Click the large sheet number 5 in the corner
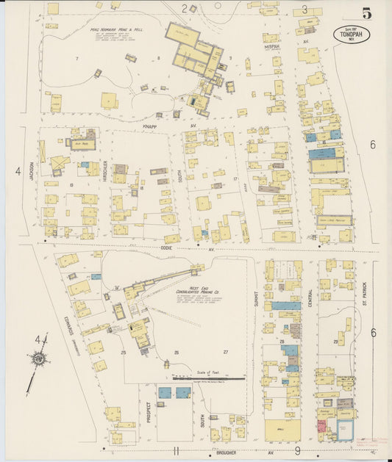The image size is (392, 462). pyautogui.click(x=366, y=12)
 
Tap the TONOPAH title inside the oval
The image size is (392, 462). pyautogui.click(x=352, y=35)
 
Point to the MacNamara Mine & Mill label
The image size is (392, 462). pyautogui.click(x=116, y=30)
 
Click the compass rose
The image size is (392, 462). pyautogui.click(x=38, y=358)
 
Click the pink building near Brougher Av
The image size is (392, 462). pyautogui.click(x=321, y=426)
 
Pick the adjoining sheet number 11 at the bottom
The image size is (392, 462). pyautogui.click(x=176, y=450)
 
